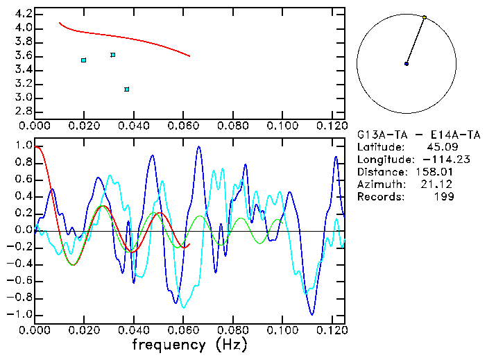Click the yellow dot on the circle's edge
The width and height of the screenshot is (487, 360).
point(425,17)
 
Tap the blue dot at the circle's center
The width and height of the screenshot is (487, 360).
point(407,64)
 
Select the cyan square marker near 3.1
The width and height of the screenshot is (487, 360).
point(126,89)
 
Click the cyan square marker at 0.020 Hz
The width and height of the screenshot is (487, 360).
point(83,60)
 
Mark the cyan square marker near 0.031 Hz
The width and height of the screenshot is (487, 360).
point(112,55)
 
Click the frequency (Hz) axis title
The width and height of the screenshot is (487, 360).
point(190,343)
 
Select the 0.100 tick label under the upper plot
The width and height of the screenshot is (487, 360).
point(282,126)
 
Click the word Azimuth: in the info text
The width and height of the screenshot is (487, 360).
point(379,184)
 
